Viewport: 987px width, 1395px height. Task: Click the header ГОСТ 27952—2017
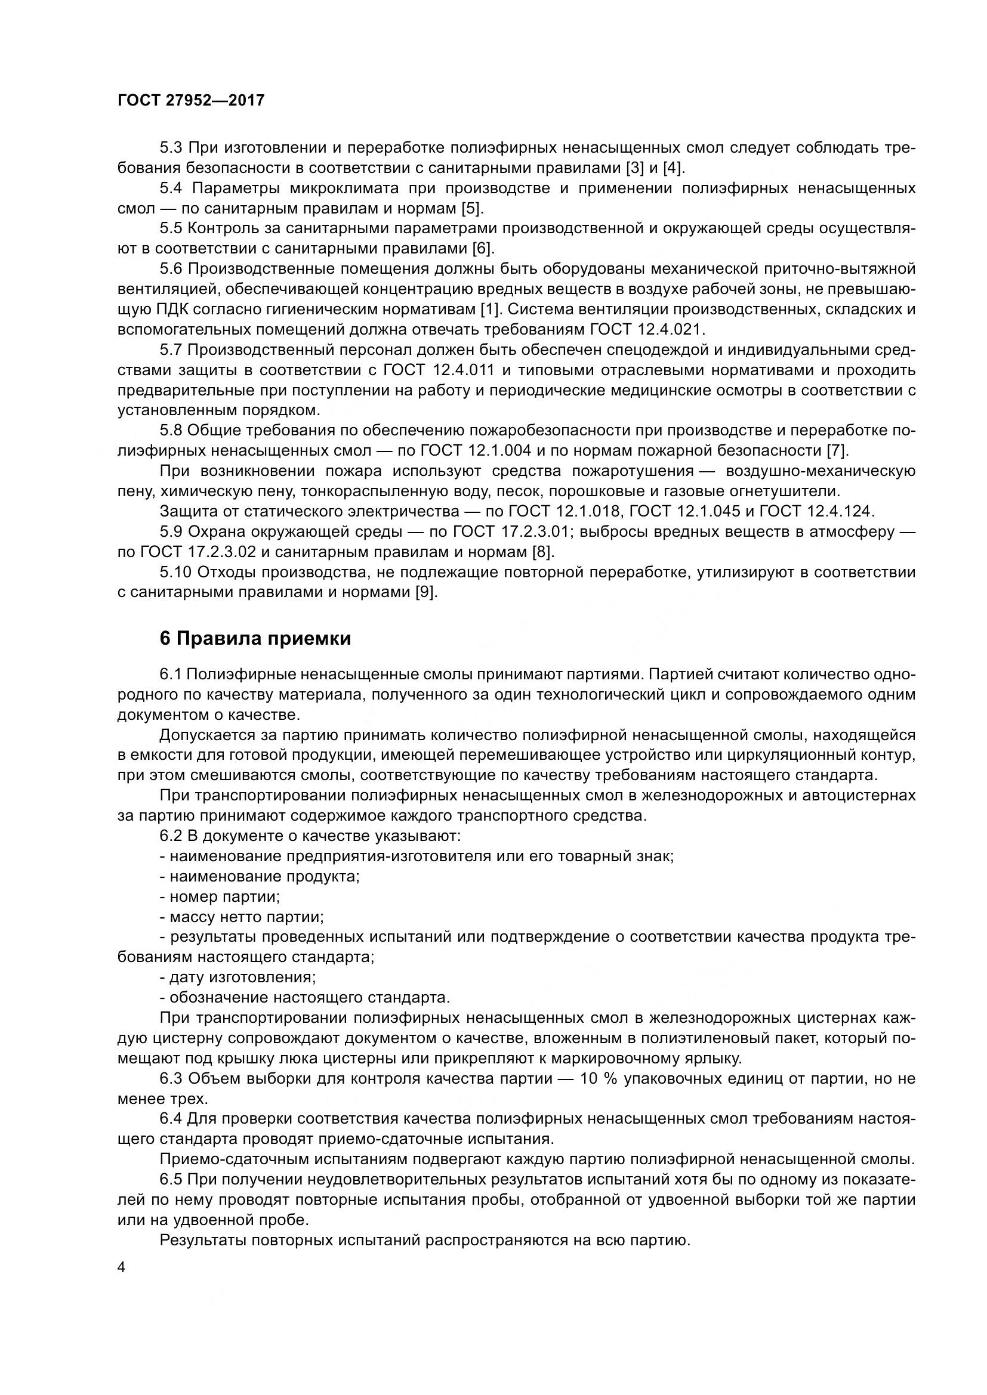(191, 100)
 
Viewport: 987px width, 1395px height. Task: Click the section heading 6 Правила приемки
(255, 639)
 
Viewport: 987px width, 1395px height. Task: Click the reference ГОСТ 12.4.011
(439, 370)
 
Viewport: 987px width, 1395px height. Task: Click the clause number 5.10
(175, 572)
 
